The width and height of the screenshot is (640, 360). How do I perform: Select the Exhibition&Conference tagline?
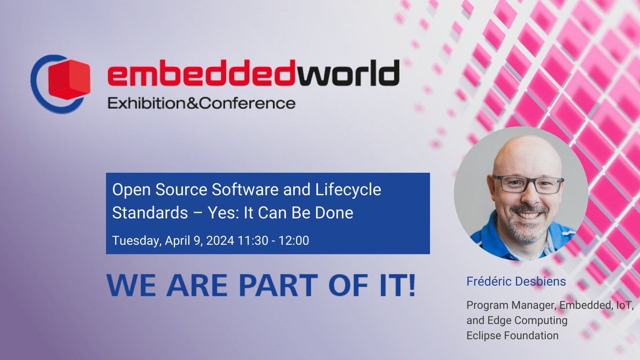201,103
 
